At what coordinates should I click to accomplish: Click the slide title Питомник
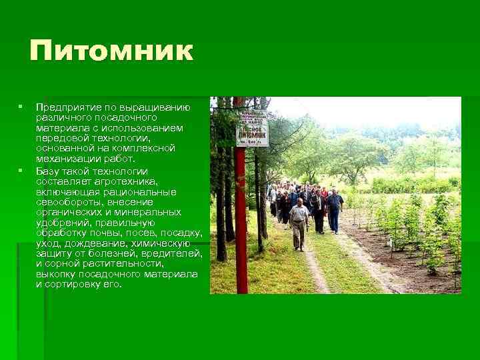pyautogui.click(x=111, y=51)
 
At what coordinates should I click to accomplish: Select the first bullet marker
pyautogui.click(x=21, y=107)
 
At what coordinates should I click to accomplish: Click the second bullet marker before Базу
pyautogui.click(x=21, y=170)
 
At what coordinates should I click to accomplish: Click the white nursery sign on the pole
pyautogui.click(x=252, y=127)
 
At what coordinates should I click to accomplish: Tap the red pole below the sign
pyautogui.click(x=241, y=220)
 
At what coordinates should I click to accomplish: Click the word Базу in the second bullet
pyautogui.click(x=48, y=171)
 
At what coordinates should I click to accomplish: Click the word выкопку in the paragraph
pyautogui.click(x=56, y=274)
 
